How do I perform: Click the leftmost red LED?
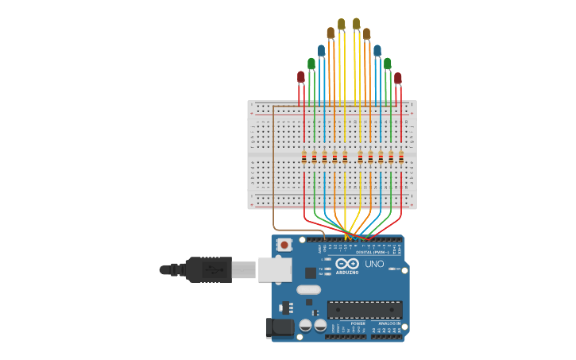point(300,77)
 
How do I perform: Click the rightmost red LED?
point(397,78)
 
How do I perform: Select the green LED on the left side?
point(311,64)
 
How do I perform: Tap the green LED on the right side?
point(387,64)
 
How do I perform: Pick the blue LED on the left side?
point(321,50)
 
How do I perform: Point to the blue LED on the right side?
point(377,50)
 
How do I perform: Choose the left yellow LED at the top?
point(341,24)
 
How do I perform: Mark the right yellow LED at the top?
point(356,24)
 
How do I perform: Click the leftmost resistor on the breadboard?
point(304,157)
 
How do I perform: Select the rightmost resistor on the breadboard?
point(401,157)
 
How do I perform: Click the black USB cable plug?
point(208,269)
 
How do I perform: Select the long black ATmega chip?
point(364,309)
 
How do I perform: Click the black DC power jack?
point(279,327)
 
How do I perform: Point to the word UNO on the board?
point(374,264)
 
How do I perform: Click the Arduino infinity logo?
point(347,263)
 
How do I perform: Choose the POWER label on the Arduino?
point(358,324)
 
